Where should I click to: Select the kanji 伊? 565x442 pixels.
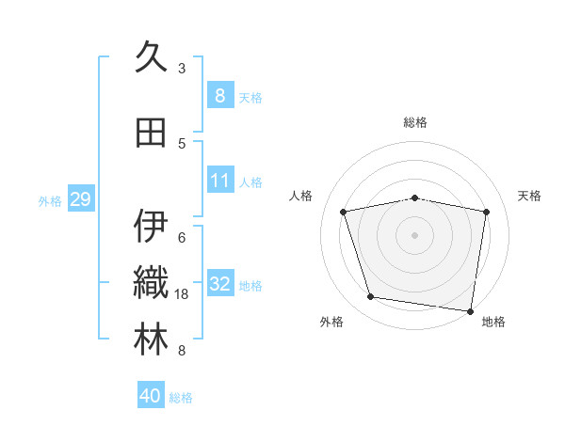coord(151,227)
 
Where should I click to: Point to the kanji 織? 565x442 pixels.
coord(151,283)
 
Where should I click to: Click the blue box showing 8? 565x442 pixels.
coord(219,96)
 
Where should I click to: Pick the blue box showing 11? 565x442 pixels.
coord(219,181)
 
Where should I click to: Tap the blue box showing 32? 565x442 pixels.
coord(219,284)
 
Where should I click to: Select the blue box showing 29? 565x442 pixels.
coord(80,199)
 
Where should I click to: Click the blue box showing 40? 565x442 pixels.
coord(151,396)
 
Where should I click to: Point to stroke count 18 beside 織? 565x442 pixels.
coord(182,294)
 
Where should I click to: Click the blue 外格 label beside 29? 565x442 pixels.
coord(50,200)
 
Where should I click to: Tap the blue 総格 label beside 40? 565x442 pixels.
coord(182,398)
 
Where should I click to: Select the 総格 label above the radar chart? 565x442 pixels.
coord(415,122)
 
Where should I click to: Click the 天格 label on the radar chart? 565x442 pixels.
coord(529,196)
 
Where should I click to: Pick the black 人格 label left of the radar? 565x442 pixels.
coord(301,196)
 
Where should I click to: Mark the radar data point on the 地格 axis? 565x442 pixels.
coord(470,310)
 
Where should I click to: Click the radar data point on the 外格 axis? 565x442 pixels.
coord(371,297)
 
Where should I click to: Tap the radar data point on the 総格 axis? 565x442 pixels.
coord(415,197)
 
